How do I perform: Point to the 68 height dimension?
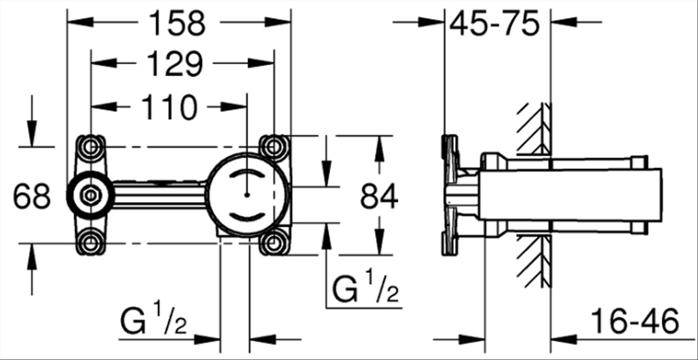coord(32,197)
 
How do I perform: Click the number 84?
coord(379,197)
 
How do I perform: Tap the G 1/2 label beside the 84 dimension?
coord(366,288)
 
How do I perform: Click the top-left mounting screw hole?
coord(90,145)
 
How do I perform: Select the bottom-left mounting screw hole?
coord(90,243)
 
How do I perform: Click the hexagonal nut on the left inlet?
coord(90,195)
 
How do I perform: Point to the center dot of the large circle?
coord(247,195)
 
